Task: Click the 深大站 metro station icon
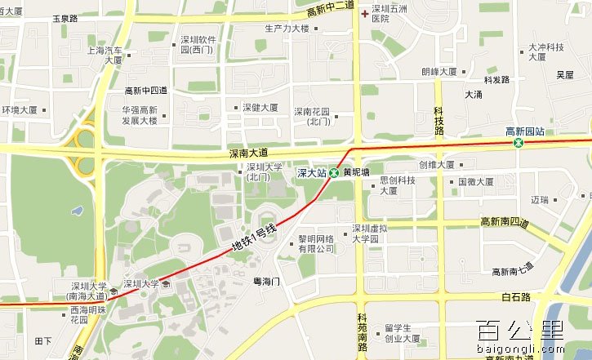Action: coord(333,173)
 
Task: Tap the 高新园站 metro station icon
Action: coord(519,144)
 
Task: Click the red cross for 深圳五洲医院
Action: coord(364,14)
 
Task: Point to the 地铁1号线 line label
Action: coord(254,236)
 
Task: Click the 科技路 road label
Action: coord(438,120)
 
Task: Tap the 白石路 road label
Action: coord(516,296)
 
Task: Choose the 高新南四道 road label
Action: coord(505,222)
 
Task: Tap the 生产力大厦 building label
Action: coord(287,28)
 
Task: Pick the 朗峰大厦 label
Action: coord(438,72)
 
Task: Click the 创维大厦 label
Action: coord(436,165)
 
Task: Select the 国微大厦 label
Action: coord(474,182)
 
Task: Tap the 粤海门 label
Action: coord(266,281)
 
